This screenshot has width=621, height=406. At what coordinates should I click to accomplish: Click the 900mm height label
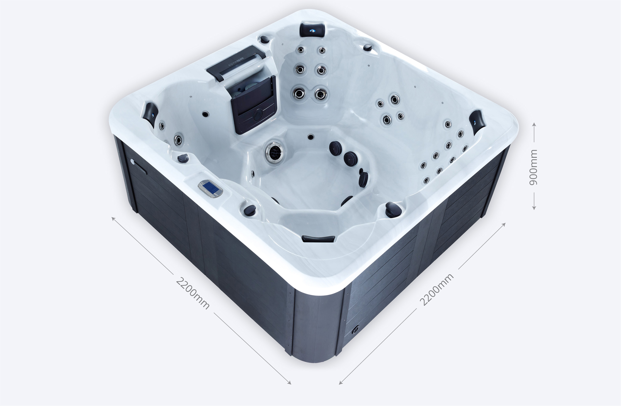pyautogui.click(x=533, y=167)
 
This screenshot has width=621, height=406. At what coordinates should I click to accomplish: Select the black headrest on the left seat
pyautogui.click(x=150, y=114)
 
